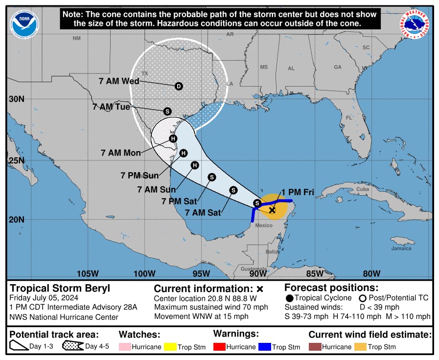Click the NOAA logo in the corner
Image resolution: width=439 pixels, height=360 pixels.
point(24,23)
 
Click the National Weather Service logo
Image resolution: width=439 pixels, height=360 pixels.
point(415,24)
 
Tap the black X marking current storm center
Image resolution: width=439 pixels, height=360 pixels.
point(272,210)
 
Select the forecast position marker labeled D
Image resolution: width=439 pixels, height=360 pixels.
point(179,86)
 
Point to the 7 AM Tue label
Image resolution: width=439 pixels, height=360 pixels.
point(112,106)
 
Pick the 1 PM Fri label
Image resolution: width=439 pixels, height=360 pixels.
point(298,192)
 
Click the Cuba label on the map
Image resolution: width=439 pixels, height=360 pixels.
point(362,189)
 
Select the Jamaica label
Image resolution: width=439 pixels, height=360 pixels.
point(401,248)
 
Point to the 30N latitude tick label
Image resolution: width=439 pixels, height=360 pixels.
point(16,99)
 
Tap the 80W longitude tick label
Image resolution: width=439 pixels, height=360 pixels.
point(371,273)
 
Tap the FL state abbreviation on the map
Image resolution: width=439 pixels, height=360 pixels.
point(349,118)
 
